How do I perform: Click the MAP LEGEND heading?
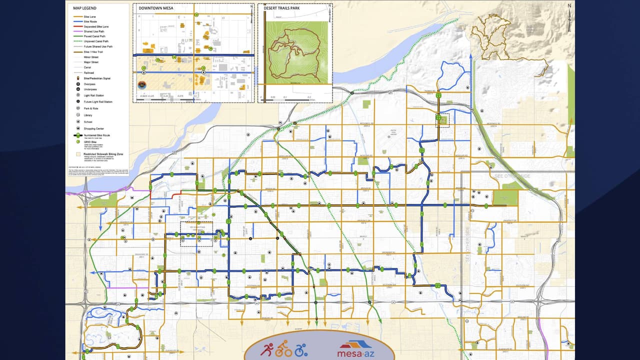click(85, 8)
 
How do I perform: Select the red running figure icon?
click(266, 349)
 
